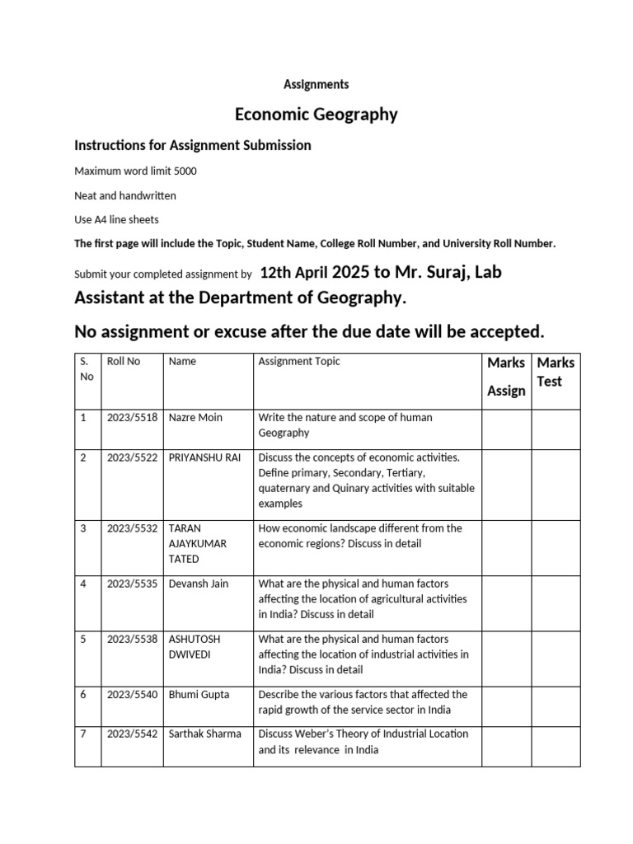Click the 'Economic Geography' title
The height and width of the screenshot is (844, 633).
tap(316, 115)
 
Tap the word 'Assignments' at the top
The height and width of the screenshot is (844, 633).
tap(316, 84)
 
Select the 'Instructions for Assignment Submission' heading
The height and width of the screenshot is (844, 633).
tap(193, 145)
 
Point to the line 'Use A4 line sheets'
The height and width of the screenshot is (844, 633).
tap(116, 220)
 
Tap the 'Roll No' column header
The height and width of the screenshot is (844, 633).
tap(124, 361)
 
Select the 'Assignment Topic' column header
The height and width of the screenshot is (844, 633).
tap(299, 361)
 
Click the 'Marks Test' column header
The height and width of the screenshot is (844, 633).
tap(556, 372)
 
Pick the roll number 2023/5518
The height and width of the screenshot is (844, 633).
tap(132, 418)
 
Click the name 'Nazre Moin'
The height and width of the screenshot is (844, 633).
tap(195, 418)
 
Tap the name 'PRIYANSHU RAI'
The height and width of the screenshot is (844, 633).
tap(204, 457)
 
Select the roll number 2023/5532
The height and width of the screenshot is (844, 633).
tap(132, 528)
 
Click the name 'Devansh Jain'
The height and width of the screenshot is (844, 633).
tap(199, 584)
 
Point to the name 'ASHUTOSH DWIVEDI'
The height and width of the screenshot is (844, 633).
tap(195, 647)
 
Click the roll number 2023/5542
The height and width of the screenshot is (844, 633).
tap(132, 734)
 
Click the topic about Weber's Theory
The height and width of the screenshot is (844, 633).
tap(363, 742)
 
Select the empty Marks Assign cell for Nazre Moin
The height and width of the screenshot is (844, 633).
tap(506, 425)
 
